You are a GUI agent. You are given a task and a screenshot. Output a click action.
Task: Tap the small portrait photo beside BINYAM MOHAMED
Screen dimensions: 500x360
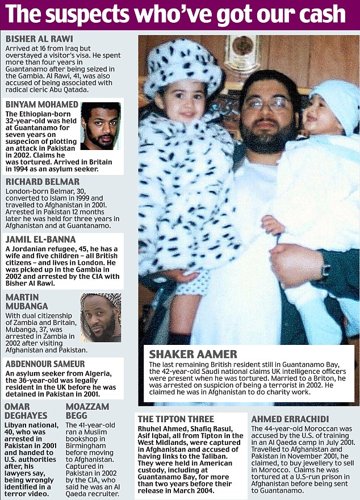101,126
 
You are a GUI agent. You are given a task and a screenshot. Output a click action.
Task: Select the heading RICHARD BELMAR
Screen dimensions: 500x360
42,182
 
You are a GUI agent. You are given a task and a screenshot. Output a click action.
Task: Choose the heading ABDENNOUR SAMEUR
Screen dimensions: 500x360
45,364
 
